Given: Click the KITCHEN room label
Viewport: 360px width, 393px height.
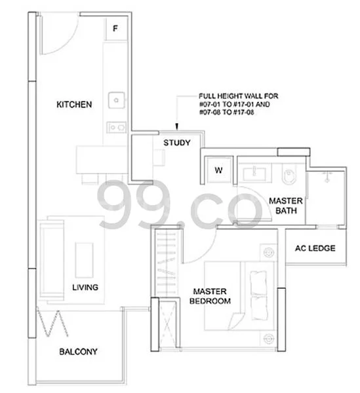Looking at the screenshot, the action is [x=74, y=105].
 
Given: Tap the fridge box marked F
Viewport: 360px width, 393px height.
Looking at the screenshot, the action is [x=115, y=29].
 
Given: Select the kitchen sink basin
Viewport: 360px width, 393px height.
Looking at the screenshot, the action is [x=117, y=100].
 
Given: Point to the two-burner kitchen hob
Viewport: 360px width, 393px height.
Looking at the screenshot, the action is [x=117, y=127].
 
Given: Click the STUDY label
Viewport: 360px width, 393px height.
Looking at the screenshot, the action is [x=177, y=143].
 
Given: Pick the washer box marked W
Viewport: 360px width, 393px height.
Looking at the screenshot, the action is [x=218, y=170].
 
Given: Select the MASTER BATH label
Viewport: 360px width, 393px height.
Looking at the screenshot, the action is [x=286, y=206].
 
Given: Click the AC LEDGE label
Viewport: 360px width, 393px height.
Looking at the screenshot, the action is [x=315, y=248].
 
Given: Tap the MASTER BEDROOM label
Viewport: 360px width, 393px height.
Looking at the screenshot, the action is [x=210, y=296].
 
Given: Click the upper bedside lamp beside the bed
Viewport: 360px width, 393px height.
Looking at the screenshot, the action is [x=269, y=252].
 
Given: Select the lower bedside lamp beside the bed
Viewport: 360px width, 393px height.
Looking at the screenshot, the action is [x=269, y=339].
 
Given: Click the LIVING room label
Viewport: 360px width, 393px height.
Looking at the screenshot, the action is [x=85, y=288].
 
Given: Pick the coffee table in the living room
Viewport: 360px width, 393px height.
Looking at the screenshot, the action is [x=85, y=260].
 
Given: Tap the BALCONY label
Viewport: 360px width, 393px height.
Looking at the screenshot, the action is [x=78, y=352].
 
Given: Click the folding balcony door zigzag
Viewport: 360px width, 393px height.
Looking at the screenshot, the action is [x=52, y=324].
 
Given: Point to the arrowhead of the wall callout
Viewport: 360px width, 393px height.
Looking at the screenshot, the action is [x=177, y=126].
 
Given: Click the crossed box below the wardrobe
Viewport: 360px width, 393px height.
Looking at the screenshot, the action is [x=167, y=323].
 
